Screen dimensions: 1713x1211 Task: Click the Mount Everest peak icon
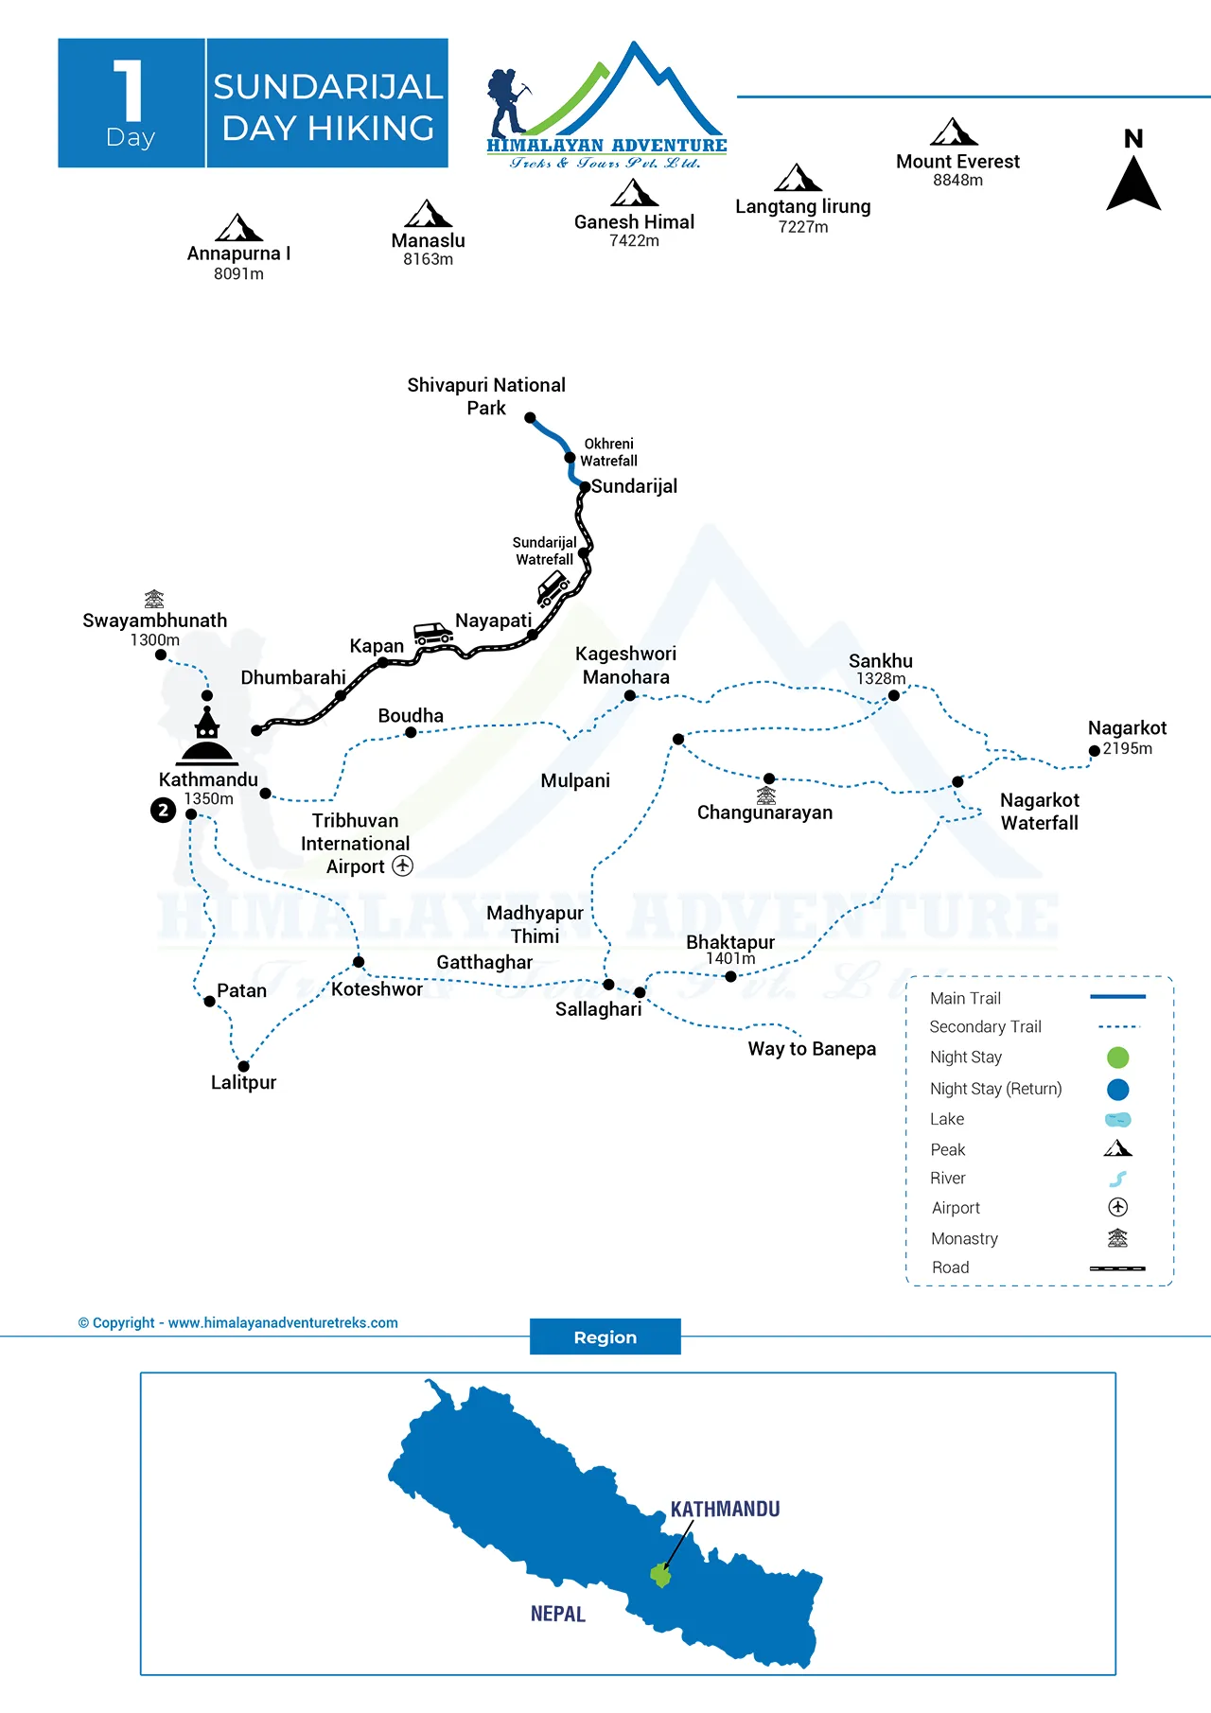[x=954, y=131]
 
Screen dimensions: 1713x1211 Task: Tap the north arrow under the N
[x=1133, y=184]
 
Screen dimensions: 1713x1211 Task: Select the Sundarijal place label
[x=634, y=486]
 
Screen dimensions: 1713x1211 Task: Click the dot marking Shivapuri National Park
[x=530, y=417]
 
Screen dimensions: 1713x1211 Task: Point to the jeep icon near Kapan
[x=433, y=633]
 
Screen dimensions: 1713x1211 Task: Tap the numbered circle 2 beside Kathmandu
[x=164, y=811]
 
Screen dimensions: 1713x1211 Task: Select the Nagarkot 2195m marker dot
[x=1095, y=751]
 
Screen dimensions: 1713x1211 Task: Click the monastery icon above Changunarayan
[x=766, y=795]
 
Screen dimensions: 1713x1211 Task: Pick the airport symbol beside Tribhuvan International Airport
[x=403, y=865]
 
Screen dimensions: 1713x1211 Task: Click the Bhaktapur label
[x=730, y=942]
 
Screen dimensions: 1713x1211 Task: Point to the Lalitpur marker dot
[x=243, y=1066]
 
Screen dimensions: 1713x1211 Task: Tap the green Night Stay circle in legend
[x=1117, y=1058]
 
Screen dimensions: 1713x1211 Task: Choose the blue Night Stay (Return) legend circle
[x=1117, y=1090]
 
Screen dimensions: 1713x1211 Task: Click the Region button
[x=605, y=1337]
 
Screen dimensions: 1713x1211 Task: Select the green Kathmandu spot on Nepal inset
[x=660, y=1575]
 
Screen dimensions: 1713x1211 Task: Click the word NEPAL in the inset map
[x=558, y=1614]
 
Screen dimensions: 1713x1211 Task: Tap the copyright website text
[x=238, y=1322]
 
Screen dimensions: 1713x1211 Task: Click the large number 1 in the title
[x=130, y=91]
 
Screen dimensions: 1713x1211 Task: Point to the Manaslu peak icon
[x=428, y=214]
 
